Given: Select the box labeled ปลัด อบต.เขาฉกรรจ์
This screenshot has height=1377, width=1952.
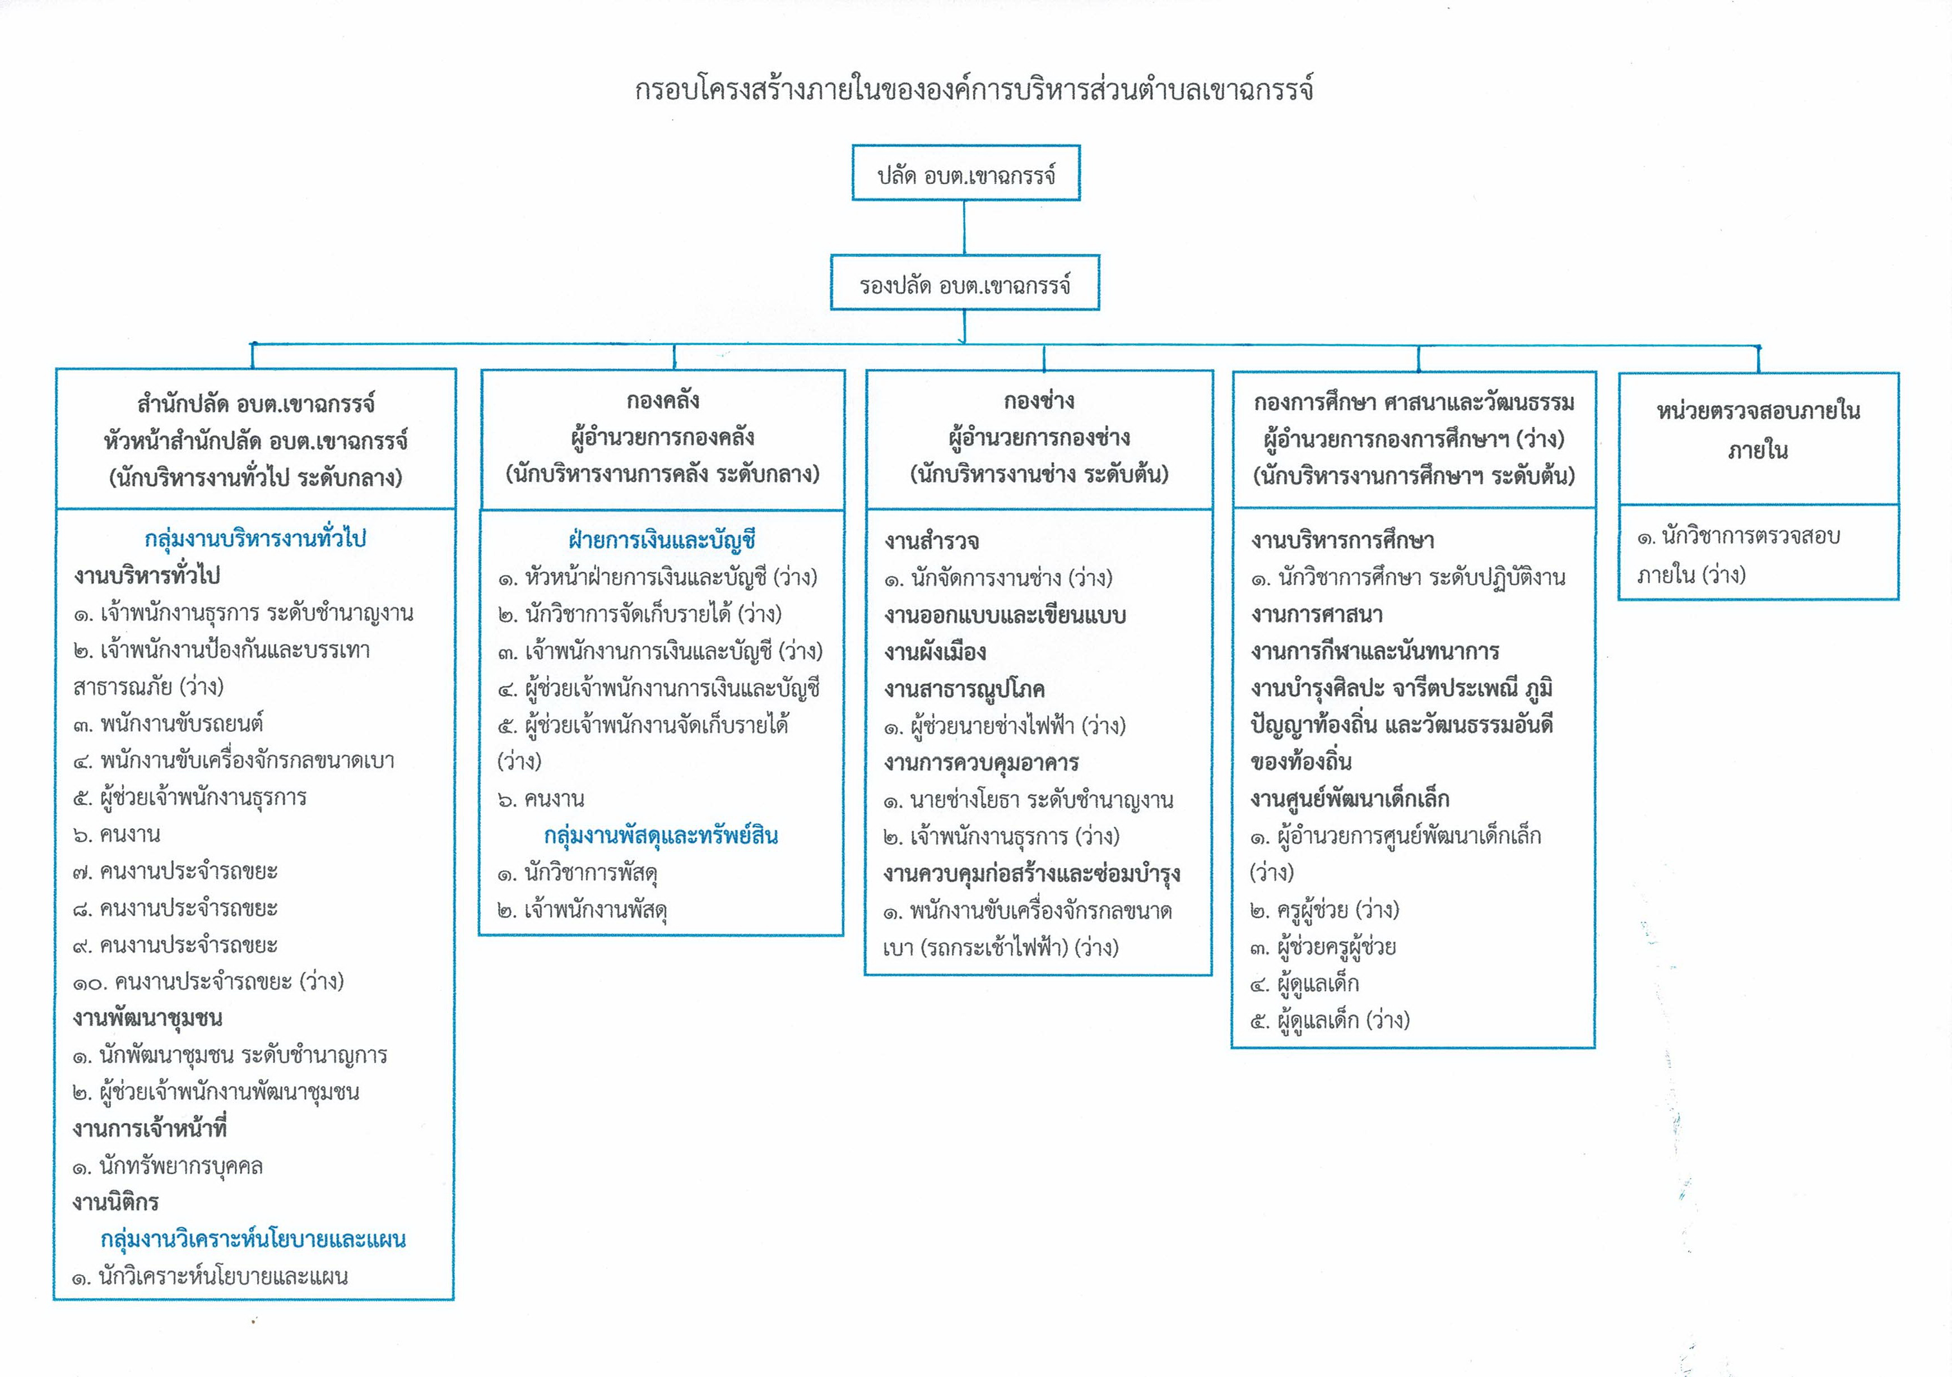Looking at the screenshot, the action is (966, 173).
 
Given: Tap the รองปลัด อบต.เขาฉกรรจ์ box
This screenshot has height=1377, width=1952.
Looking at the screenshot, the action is (964, 282).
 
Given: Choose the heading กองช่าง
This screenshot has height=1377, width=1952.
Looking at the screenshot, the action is (1039, 400).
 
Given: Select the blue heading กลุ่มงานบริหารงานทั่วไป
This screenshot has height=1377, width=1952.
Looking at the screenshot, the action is (255, 539).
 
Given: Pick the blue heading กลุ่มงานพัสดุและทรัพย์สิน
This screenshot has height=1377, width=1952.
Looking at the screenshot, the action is (662, 836).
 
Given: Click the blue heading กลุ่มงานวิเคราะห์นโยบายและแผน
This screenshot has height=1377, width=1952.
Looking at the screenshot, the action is (253, 1239).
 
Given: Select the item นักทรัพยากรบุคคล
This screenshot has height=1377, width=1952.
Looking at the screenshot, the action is (168, 1166).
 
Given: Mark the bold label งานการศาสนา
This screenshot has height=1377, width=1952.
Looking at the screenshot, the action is (1317, 614).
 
